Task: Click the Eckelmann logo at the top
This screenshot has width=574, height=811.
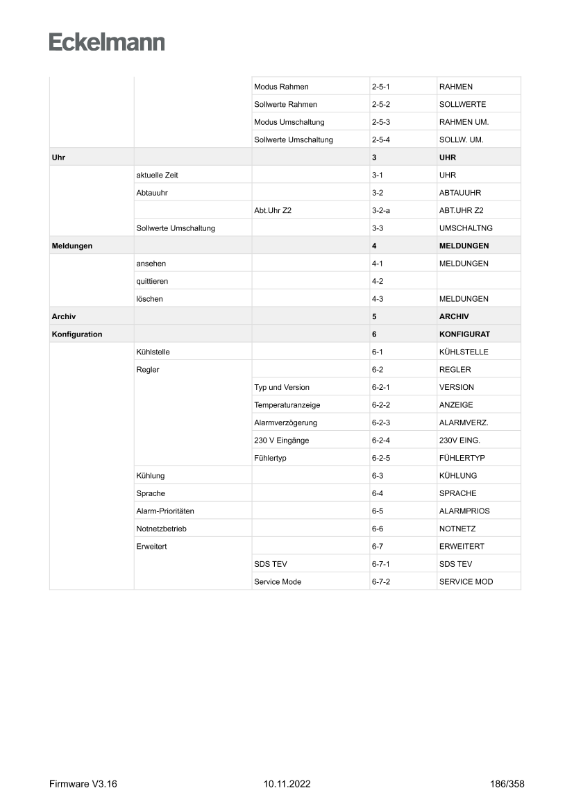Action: pyautogui.click(x=107, y=42)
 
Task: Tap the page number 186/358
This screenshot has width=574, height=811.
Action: pyautogui.click(x=506, y=784)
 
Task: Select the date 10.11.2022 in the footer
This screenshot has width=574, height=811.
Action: pyautogui.click(x=287, y=784)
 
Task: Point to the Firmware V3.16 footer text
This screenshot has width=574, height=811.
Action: pyautogui.click(x=83, y=784)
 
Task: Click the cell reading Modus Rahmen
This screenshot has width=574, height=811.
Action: pyautogui.click(x=281, y=87)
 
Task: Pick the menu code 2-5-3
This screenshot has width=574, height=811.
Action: pyautogui.click(x=382, y=122)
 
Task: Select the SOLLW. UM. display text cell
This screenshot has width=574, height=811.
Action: pyautogui.click(x=461, y=139)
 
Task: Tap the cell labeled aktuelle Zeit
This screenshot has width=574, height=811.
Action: pyautogui.click(x=157, y=176)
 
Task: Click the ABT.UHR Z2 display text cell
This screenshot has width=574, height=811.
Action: pyautogui.click(x=462, y=210)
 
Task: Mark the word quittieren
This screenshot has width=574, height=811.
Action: pyautogui.click(x=152, y=282)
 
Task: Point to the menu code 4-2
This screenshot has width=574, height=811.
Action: pyautogui.click(x=378, y=282)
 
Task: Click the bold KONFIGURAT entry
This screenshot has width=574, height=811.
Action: pyautogui.click(x=464, y=334)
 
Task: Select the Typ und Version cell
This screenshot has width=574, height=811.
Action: pyautogui.click(x=282, y=387)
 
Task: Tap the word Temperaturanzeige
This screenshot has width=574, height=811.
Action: pyautogui.click(x=287, y=405)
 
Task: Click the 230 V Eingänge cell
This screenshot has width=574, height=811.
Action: pyautogui.click(x=282, y=441)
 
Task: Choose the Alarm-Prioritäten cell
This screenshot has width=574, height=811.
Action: pyautogui.click(x=165, y=511)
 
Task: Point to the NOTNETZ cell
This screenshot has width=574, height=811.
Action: pyautogui.click(x=457, y=529)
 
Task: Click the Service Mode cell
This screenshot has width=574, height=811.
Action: pyautogui.click(x=278, y=581)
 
